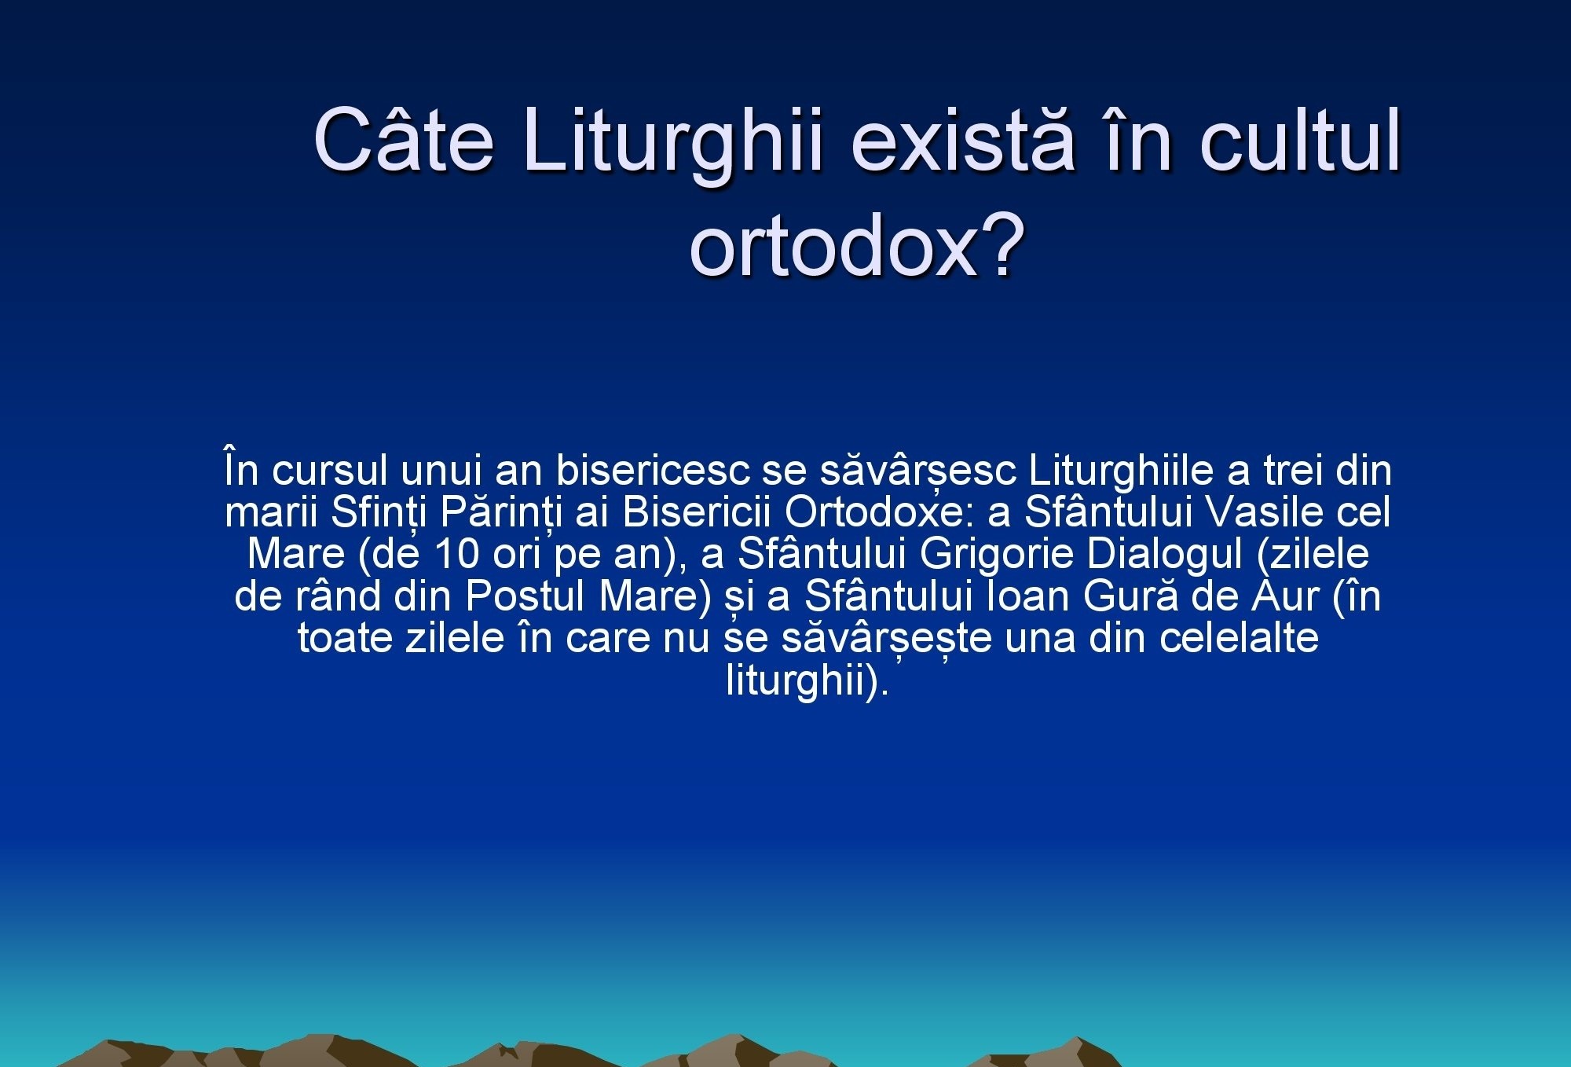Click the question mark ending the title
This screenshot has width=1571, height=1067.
(1002, 243)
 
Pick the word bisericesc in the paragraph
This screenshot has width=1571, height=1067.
(653, 470)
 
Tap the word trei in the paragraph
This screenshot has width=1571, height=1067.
(1292, 471)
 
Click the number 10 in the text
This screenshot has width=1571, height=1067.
(456, 554)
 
